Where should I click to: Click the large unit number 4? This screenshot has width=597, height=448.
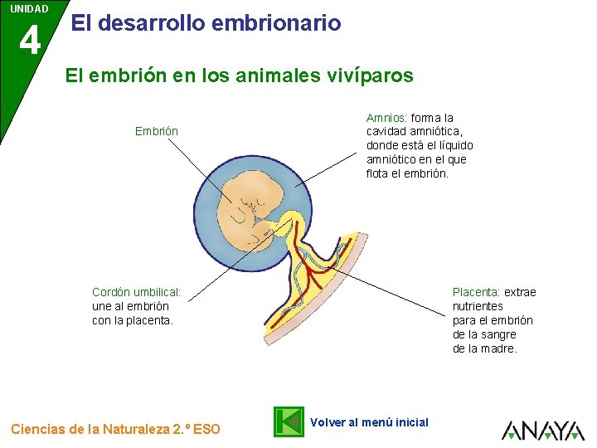(x=29, y=40)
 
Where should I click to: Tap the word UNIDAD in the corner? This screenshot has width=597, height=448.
(x=29, y=9)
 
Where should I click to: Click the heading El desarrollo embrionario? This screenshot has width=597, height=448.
(x=206, y=23)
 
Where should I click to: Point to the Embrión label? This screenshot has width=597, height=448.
(x=157, y=131)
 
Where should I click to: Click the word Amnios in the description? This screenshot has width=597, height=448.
(x=386, y=118)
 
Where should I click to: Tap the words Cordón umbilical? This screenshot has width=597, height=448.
(x=135, y=292)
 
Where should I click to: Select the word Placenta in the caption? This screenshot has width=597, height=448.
(x=475, y=292)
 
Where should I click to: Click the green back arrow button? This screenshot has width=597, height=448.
(x=289, y=421)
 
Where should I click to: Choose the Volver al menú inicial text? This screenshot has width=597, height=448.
(x=369, y=422)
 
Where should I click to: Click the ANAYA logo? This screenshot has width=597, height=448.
(x=544, y=429)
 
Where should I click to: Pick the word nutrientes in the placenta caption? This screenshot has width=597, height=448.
(x=478, y=306)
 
